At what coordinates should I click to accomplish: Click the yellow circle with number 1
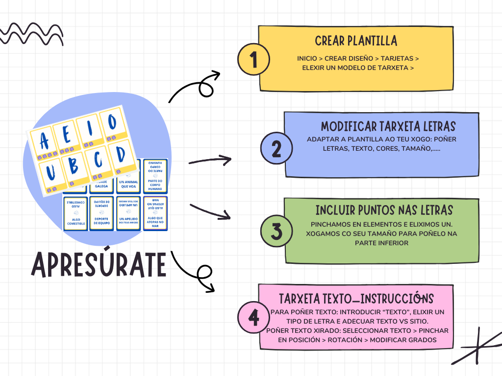click(253, 61)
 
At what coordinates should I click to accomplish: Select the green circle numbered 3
click(277, 231)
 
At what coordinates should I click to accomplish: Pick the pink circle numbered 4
click(253, 317)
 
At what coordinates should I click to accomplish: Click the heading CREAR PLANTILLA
click(356, 40)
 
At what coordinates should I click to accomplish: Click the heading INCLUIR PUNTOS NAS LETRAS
click(384, 211)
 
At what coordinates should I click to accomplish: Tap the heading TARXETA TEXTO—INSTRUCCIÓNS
click(356, 299)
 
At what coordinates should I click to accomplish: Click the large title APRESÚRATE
click(99, 265)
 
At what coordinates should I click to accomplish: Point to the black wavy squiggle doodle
click(32, 34)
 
